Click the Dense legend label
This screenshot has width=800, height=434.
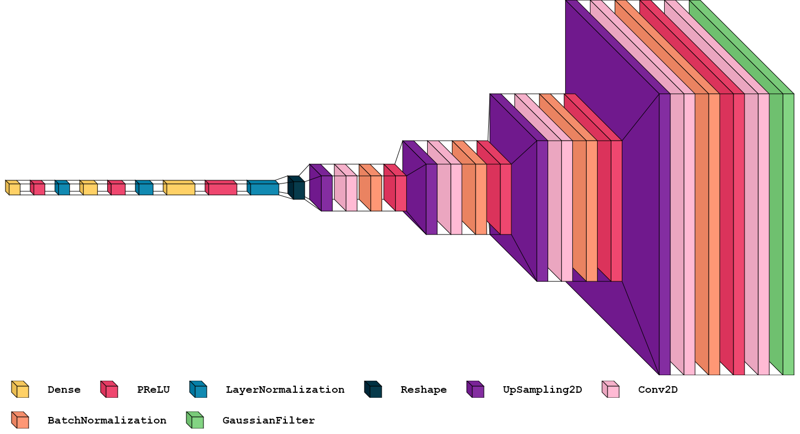[x=64, y=390]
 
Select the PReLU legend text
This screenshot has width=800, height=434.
[x=153, y=390]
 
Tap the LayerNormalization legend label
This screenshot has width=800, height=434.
[x=285, y=390]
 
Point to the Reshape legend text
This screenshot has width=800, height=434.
[x=423, y=390]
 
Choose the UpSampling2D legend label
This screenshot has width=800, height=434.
[x=542, y=390]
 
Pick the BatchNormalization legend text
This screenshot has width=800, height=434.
[x=107, y=420]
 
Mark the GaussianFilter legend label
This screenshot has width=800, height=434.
[x=268, y=420]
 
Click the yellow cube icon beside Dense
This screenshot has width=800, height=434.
[x=20, y=390]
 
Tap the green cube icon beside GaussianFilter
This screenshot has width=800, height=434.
[x=195, y=420]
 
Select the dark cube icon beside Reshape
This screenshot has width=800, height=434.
[x=373, y=390]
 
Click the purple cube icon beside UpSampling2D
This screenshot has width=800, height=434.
[x=476, y=390]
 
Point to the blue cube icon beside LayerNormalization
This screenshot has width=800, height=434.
[x=198, y=390]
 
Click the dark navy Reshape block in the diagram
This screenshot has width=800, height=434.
[x=297, y=188]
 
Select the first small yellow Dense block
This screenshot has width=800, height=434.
[x=13, y=188]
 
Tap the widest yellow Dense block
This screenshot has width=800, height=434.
[x=180, y=188]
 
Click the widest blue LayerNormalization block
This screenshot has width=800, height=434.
[x=263, y=188]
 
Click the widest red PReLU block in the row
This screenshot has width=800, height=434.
[x=222, y=188]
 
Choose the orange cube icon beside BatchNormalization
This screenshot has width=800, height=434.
[x=20, y=420]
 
